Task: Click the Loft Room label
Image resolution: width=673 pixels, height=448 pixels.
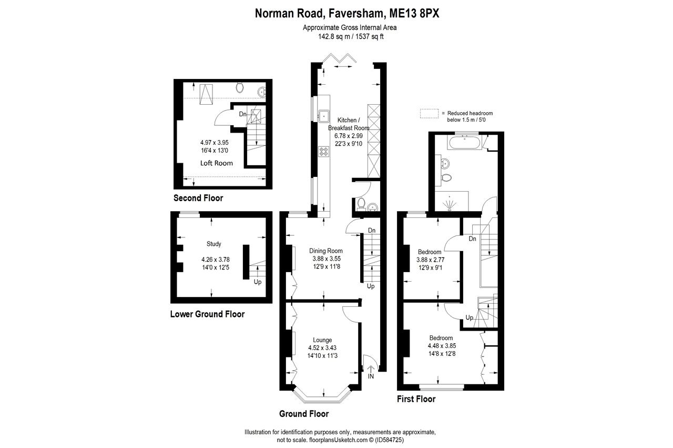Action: [216, 163]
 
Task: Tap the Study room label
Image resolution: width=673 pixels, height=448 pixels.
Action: [214, 244]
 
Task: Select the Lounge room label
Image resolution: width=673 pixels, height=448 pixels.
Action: [322, 340]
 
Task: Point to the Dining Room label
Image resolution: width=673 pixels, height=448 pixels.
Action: [325, 251]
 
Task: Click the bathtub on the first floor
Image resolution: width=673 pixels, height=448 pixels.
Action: [465, 142]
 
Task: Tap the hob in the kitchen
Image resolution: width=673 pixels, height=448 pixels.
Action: [323, 152]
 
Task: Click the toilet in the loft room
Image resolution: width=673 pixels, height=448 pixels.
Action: [240, 87]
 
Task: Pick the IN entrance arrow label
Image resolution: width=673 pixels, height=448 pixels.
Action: [370, 377]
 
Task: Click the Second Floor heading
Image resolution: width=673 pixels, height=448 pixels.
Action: [198, 198]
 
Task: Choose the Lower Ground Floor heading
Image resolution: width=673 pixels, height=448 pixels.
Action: [207, 314]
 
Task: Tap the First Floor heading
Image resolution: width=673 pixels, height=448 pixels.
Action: [416, 399]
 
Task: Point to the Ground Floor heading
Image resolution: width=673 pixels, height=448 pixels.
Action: [304, 414]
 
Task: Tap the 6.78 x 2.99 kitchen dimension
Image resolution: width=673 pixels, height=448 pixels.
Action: [349, 135]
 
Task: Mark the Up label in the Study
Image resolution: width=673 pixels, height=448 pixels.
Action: [258, 282]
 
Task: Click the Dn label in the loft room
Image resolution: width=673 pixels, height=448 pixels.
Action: [243, 114]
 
